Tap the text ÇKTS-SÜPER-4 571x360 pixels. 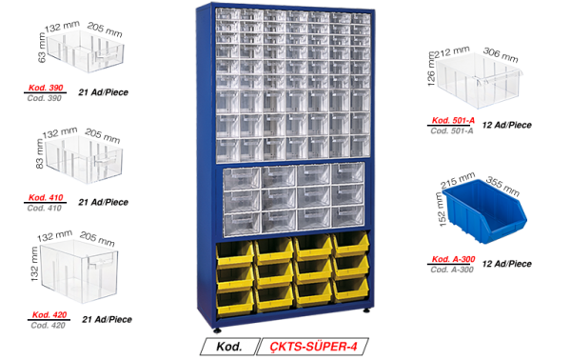(x=313, y=346)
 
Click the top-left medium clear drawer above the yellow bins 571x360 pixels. (x=242, y=176)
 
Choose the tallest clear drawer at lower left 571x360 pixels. (x=78, y=271)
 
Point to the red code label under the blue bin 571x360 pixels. (x=453, y=258)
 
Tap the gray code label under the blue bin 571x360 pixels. (x=453, y=270)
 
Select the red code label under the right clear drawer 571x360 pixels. (x=453, y=121)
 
